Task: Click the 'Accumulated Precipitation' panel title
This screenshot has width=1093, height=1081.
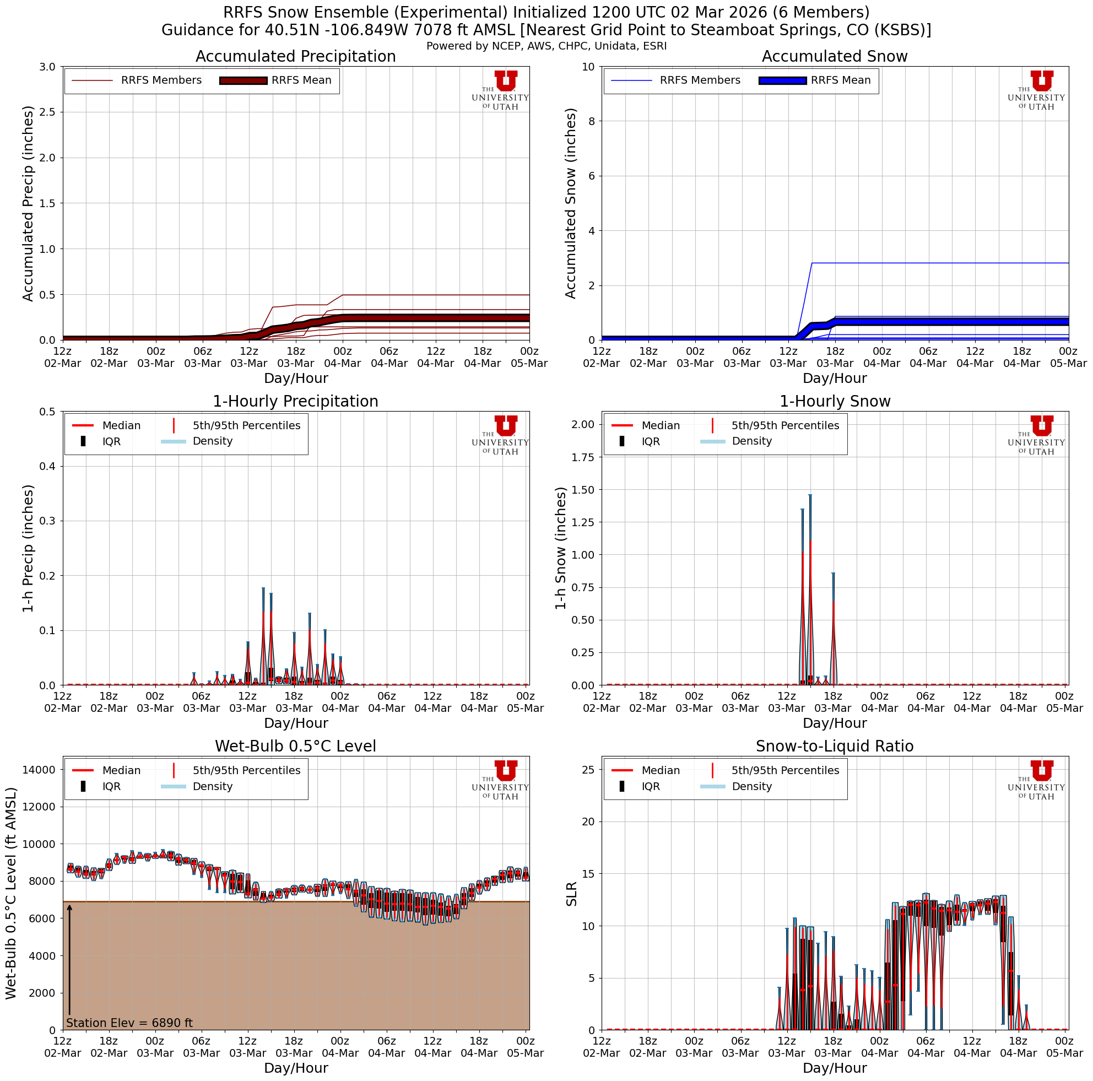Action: click(x=295, y=57)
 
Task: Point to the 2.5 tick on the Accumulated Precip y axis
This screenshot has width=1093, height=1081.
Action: click(x=46, y=112)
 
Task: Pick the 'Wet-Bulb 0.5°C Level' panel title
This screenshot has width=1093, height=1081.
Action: click(x=295, y=746)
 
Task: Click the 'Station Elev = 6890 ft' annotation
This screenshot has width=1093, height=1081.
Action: click(x=129, y=1023)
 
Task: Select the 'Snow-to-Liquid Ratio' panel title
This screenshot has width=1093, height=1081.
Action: click(x=835, y=746)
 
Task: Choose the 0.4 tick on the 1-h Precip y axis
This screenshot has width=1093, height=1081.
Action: click(x=46, y=466)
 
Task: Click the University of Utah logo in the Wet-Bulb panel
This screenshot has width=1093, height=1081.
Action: click(x=500, y=780)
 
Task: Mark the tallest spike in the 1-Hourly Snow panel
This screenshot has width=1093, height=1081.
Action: click(x=810, y=496)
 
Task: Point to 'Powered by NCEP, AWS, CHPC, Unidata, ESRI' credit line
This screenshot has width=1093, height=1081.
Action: click(x=546, y=46)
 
